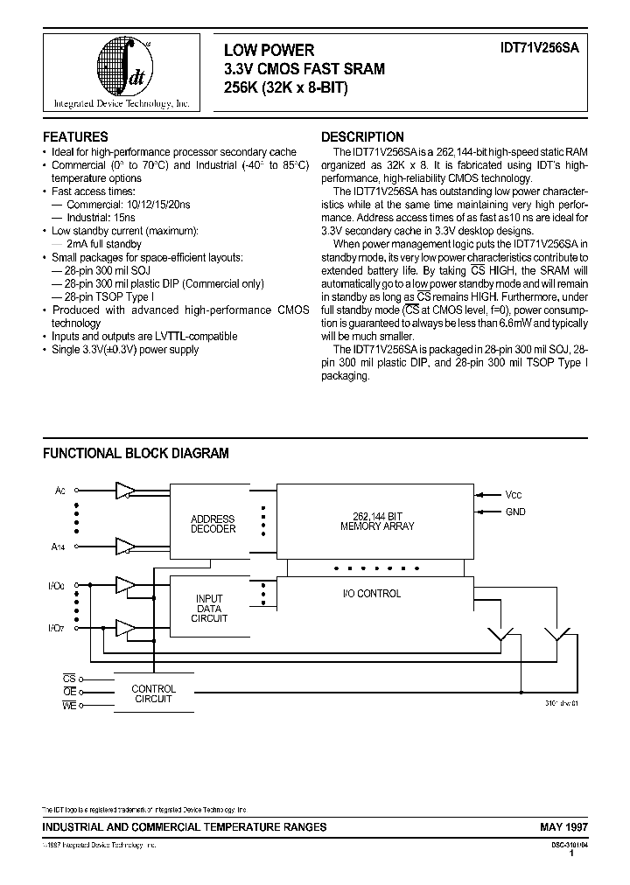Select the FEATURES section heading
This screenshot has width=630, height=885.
(76, 137)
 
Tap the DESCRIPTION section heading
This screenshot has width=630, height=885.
(362, 137)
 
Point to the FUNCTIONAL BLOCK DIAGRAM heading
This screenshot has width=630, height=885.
(136, 453)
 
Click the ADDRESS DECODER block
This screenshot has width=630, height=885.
(213, 524)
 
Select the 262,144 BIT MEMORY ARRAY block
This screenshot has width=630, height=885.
(377, 521)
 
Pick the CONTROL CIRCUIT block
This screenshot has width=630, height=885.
(153, 694)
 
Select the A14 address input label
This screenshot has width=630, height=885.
(59, 547)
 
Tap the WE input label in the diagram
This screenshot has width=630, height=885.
(69, 705)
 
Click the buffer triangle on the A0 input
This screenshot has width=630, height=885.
(125, 491)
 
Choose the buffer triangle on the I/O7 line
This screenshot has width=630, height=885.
(125, 628)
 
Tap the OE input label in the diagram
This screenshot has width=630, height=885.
(69, 691)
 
